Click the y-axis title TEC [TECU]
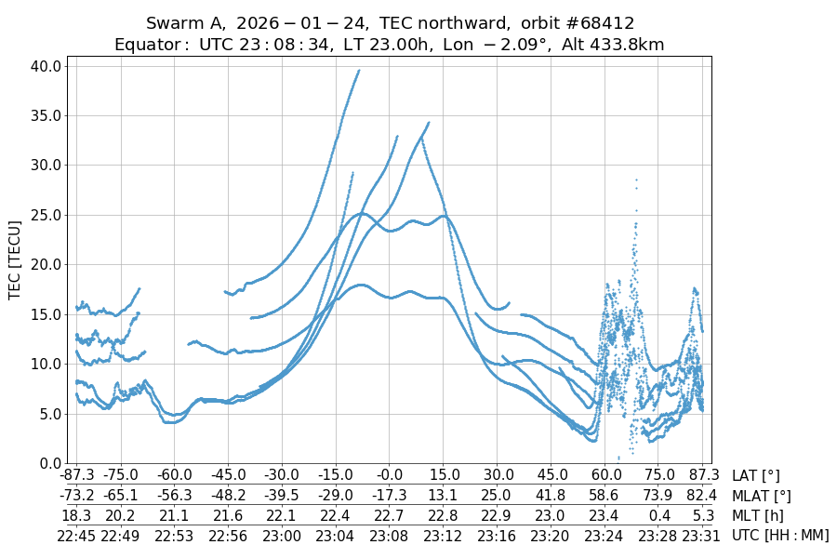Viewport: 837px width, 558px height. click(x=15, y=259)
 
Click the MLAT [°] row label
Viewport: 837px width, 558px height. click(x=762, y=496)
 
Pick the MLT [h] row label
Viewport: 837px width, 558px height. click(x=758, y=515)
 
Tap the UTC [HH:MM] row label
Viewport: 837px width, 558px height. click(x=779, y=535)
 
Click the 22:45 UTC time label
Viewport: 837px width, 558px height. click(x=76, y=535)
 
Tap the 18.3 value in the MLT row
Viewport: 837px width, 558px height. click(x=76, y=515)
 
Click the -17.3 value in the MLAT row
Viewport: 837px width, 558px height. click(x=389, y=496)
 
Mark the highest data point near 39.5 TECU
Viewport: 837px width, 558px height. click(x=359, y=70)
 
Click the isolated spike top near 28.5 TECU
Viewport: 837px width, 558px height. click(x=636, y=179)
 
